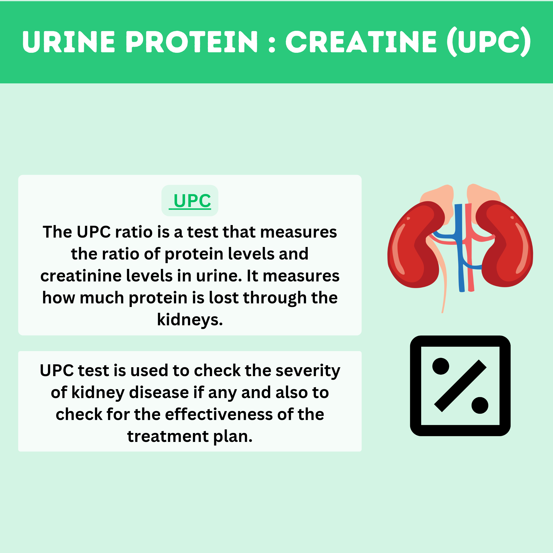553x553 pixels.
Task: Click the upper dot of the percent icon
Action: point(440,366)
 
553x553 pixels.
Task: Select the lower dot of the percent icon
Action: point(480,405)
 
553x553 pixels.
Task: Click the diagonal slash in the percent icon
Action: point(460,386)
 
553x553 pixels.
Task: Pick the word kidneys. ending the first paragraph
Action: point(190,320)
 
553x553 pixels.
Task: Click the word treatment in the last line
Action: point(168,437)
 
